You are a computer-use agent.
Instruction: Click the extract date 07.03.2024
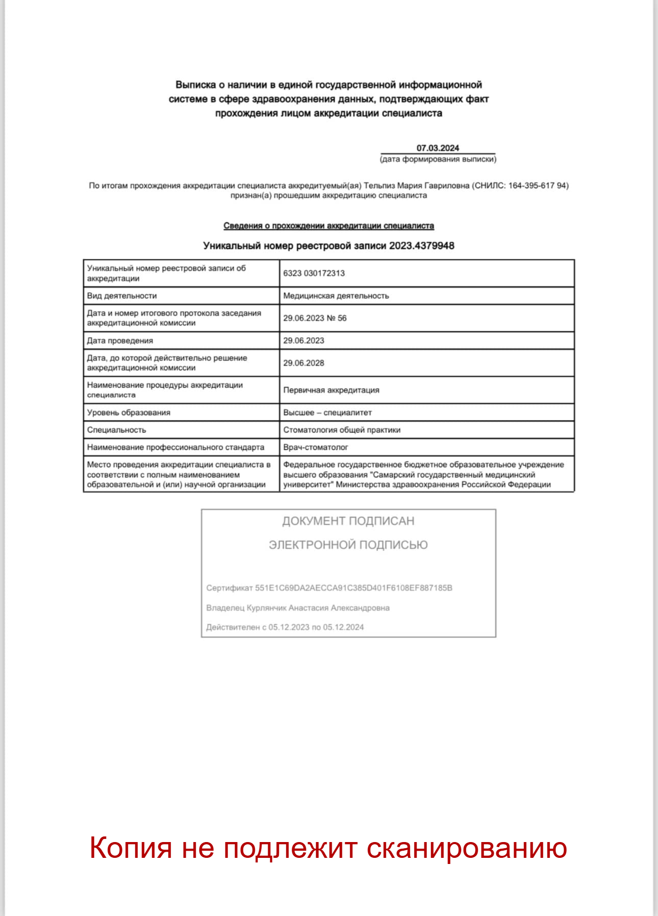pyautogui.click(x=438, y=148)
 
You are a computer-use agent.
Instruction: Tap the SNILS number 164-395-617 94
pyautogui.click(x=538, y=186)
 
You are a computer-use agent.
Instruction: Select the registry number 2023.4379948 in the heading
pyautogui.click(x=421, y=246)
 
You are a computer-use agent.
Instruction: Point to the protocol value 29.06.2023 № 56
pyautogui.click(x=315, y=318)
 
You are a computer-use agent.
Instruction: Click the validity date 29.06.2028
pyautogui.click(x=303, y=363)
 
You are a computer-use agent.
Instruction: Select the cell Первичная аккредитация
pyautogui.click(x=331, y=390)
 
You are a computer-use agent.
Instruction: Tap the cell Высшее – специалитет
pyautogui.click(x=327, y=413)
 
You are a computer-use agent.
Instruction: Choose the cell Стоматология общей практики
pyautogui.click(x=342, y=430)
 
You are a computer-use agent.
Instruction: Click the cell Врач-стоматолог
pyautogui.click(x=316, y=447)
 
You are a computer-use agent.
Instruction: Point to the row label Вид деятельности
pyautogui.click(x=122, y=296)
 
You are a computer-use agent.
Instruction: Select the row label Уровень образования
pyautogui.click(x=129, y=413)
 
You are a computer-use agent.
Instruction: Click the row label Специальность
pyautogui.click(x=116, y=430)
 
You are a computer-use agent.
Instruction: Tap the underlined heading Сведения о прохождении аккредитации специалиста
pyautogui.click(x=328, y=226)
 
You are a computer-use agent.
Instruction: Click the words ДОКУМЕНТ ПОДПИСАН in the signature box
pyautogui.click(x=348, y=521)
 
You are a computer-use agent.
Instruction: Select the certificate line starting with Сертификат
pyautogui.click(x=329, y=588)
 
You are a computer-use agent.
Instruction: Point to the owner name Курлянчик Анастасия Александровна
pyautogui.click(x=318, y=608)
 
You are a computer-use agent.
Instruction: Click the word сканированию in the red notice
pyautogui.click(x=466, y=848)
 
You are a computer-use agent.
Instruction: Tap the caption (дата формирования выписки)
pyautogui.click(x=438, y=159)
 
